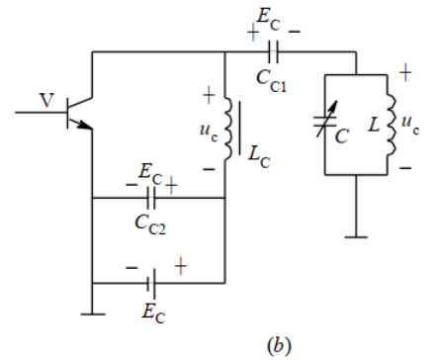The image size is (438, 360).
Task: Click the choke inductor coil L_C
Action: point(228,128)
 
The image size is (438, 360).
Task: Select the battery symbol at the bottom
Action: point(151,283)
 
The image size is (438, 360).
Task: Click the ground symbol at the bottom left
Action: point(91,314)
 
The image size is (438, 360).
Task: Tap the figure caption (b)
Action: point(277,346)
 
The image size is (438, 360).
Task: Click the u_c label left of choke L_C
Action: point(207,129)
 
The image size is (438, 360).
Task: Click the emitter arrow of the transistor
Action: point(86,125)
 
